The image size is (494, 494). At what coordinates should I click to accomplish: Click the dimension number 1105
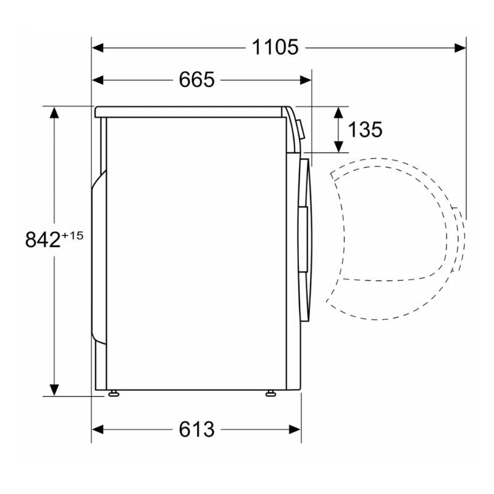[x=275, y=48]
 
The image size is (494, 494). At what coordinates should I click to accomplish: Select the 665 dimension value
[x=196, y=80]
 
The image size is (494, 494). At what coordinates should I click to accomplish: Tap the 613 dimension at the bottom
[x=196, y=429]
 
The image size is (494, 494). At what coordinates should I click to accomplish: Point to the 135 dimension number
[x=365, y=130]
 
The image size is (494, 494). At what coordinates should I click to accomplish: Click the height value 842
[x=43, y=240]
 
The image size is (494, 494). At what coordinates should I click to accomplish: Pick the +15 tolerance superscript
[x=72, y=235]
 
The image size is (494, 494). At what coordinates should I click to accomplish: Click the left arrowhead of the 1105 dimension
[x=98, y=48]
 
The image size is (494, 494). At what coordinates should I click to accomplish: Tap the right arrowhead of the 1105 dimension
[x=460, y=48]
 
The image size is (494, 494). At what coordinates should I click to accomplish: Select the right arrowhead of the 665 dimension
[x=306, y=80]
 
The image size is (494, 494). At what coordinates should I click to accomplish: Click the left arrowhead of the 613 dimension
[x=98, y=429]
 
